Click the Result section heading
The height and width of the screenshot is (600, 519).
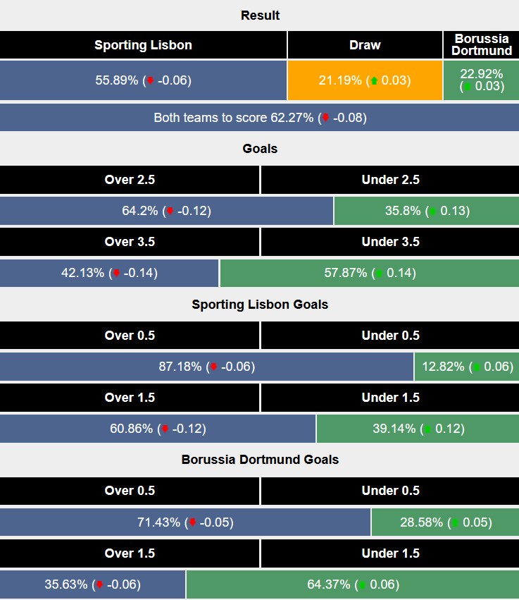pos(260,16)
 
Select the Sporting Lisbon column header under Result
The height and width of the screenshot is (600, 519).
pos(143,45)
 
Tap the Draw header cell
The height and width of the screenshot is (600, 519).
pos(365,45)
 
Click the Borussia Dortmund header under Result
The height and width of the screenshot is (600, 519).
pos(482,45)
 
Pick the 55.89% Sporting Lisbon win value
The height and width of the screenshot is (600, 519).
pos(143,80)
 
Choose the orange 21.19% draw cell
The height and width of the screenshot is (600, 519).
pos(365,80)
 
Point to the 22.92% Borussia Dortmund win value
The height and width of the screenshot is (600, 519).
pos(482,80)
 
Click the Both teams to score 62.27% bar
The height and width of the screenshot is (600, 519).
pos(260,118)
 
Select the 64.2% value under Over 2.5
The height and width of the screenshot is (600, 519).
pos(166,211)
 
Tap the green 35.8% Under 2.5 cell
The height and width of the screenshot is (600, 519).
pos(425,211)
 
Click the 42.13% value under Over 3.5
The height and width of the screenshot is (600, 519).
pos(109,273)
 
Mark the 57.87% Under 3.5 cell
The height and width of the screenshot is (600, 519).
pos(368,273)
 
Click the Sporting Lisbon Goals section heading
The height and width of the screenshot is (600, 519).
pos(260,305)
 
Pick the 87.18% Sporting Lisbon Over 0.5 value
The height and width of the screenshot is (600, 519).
pos(206,366)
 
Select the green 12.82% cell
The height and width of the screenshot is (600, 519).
pos(465,366)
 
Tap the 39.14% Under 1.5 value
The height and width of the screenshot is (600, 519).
pos(417,428)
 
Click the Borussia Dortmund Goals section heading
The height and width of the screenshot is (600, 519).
pos(260,460)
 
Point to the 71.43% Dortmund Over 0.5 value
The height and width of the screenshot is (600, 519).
pos(185,522)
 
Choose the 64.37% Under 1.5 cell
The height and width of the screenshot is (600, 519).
pos(352,584)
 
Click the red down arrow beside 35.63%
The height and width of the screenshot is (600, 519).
pos(101,584)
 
